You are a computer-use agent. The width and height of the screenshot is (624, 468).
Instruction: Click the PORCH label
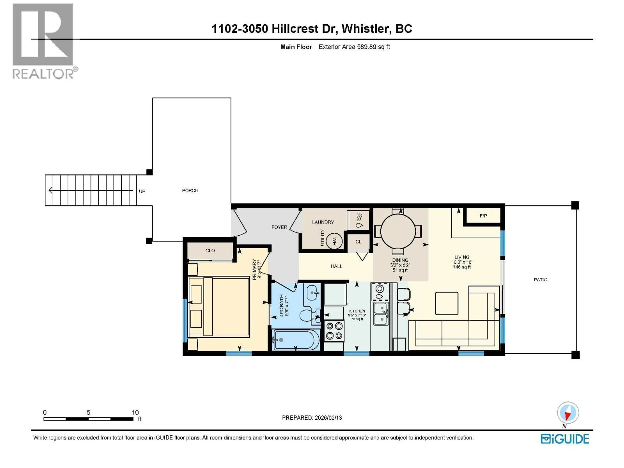tap(190, 191)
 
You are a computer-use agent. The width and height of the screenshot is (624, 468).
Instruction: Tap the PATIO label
tap(540, 279)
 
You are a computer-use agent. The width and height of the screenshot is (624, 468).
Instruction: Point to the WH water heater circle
tap(334, 241)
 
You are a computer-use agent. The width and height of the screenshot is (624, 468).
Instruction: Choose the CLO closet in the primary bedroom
tap(210, 251)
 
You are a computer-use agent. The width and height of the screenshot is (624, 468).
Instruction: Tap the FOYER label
tap(279, 227)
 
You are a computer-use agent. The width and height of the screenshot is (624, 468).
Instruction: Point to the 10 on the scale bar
tap(135, 412)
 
